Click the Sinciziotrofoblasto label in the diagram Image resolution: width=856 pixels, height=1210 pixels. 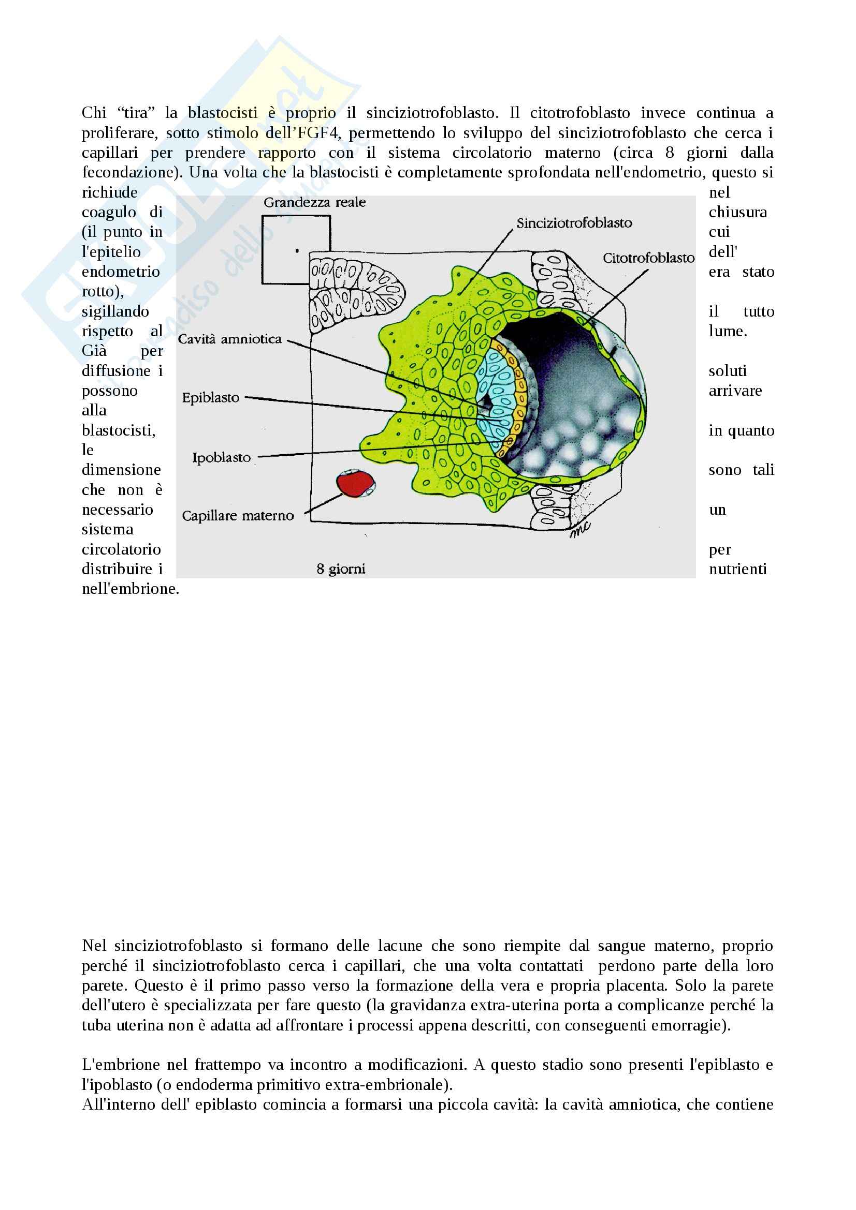coord(574,223)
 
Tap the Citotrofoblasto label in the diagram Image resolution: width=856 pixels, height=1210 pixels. coord(648,258)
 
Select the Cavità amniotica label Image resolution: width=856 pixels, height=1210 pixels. coord(229,339)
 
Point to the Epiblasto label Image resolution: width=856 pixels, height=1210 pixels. coord(210,397)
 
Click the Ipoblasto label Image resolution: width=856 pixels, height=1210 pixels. coord(221,457)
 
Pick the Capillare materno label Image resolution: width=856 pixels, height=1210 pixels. coord(237,515)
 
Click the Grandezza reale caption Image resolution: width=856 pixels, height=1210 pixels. coord(314,202)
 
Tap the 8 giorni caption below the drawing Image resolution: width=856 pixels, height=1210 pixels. coord(341,569)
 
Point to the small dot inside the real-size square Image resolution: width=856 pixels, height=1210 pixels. coord(297,251)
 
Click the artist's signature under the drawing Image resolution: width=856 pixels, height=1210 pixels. coord(579,529)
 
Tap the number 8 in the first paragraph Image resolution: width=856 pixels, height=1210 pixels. coord(669,153)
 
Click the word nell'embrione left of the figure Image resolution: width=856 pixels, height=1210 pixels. coord(130,589)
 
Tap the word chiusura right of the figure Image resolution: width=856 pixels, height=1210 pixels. coord(737,213)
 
